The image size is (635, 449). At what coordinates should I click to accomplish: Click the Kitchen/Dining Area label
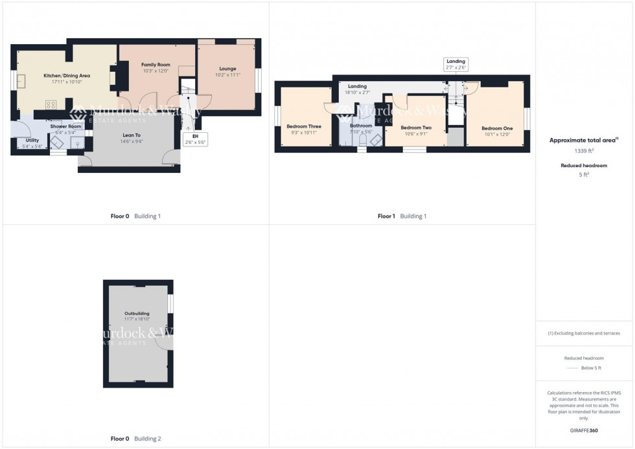click(x=67, y=76)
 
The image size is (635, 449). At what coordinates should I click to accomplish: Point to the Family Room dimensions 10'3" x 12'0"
click(x=156, y=71)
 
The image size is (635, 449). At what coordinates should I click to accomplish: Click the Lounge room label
click(x=227, y=69)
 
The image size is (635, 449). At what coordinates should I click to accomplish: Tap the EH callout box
click(x=194, y=139)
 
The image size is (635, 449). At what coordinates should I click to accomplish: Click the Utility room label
click(x=32, y=140)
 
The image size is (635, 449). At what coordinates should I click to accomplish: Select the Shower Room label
click(x=66, y=126)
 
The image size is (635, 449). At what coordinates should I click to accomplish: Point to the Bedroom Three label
click(x=304, y=126)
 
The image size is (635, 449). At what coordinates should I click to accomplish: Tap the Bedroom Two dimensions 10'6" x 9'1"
click(x=415, y=134)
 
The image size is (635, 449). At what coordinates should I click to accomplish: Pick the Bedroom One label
click(x=497, y=128)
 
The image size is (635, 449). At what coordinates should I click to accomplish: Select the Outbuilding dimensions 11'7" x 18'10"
click(x=137, y=319)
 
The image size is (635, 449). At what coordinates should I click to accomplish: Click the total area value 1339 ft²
click(x=584, y=150)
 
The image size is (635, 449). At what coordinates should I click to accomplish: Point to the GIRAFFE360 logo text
click(x=584, y=430)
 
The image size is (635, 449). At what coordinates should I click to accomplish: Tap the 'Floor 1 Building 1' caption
click(x=402, y=216)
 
